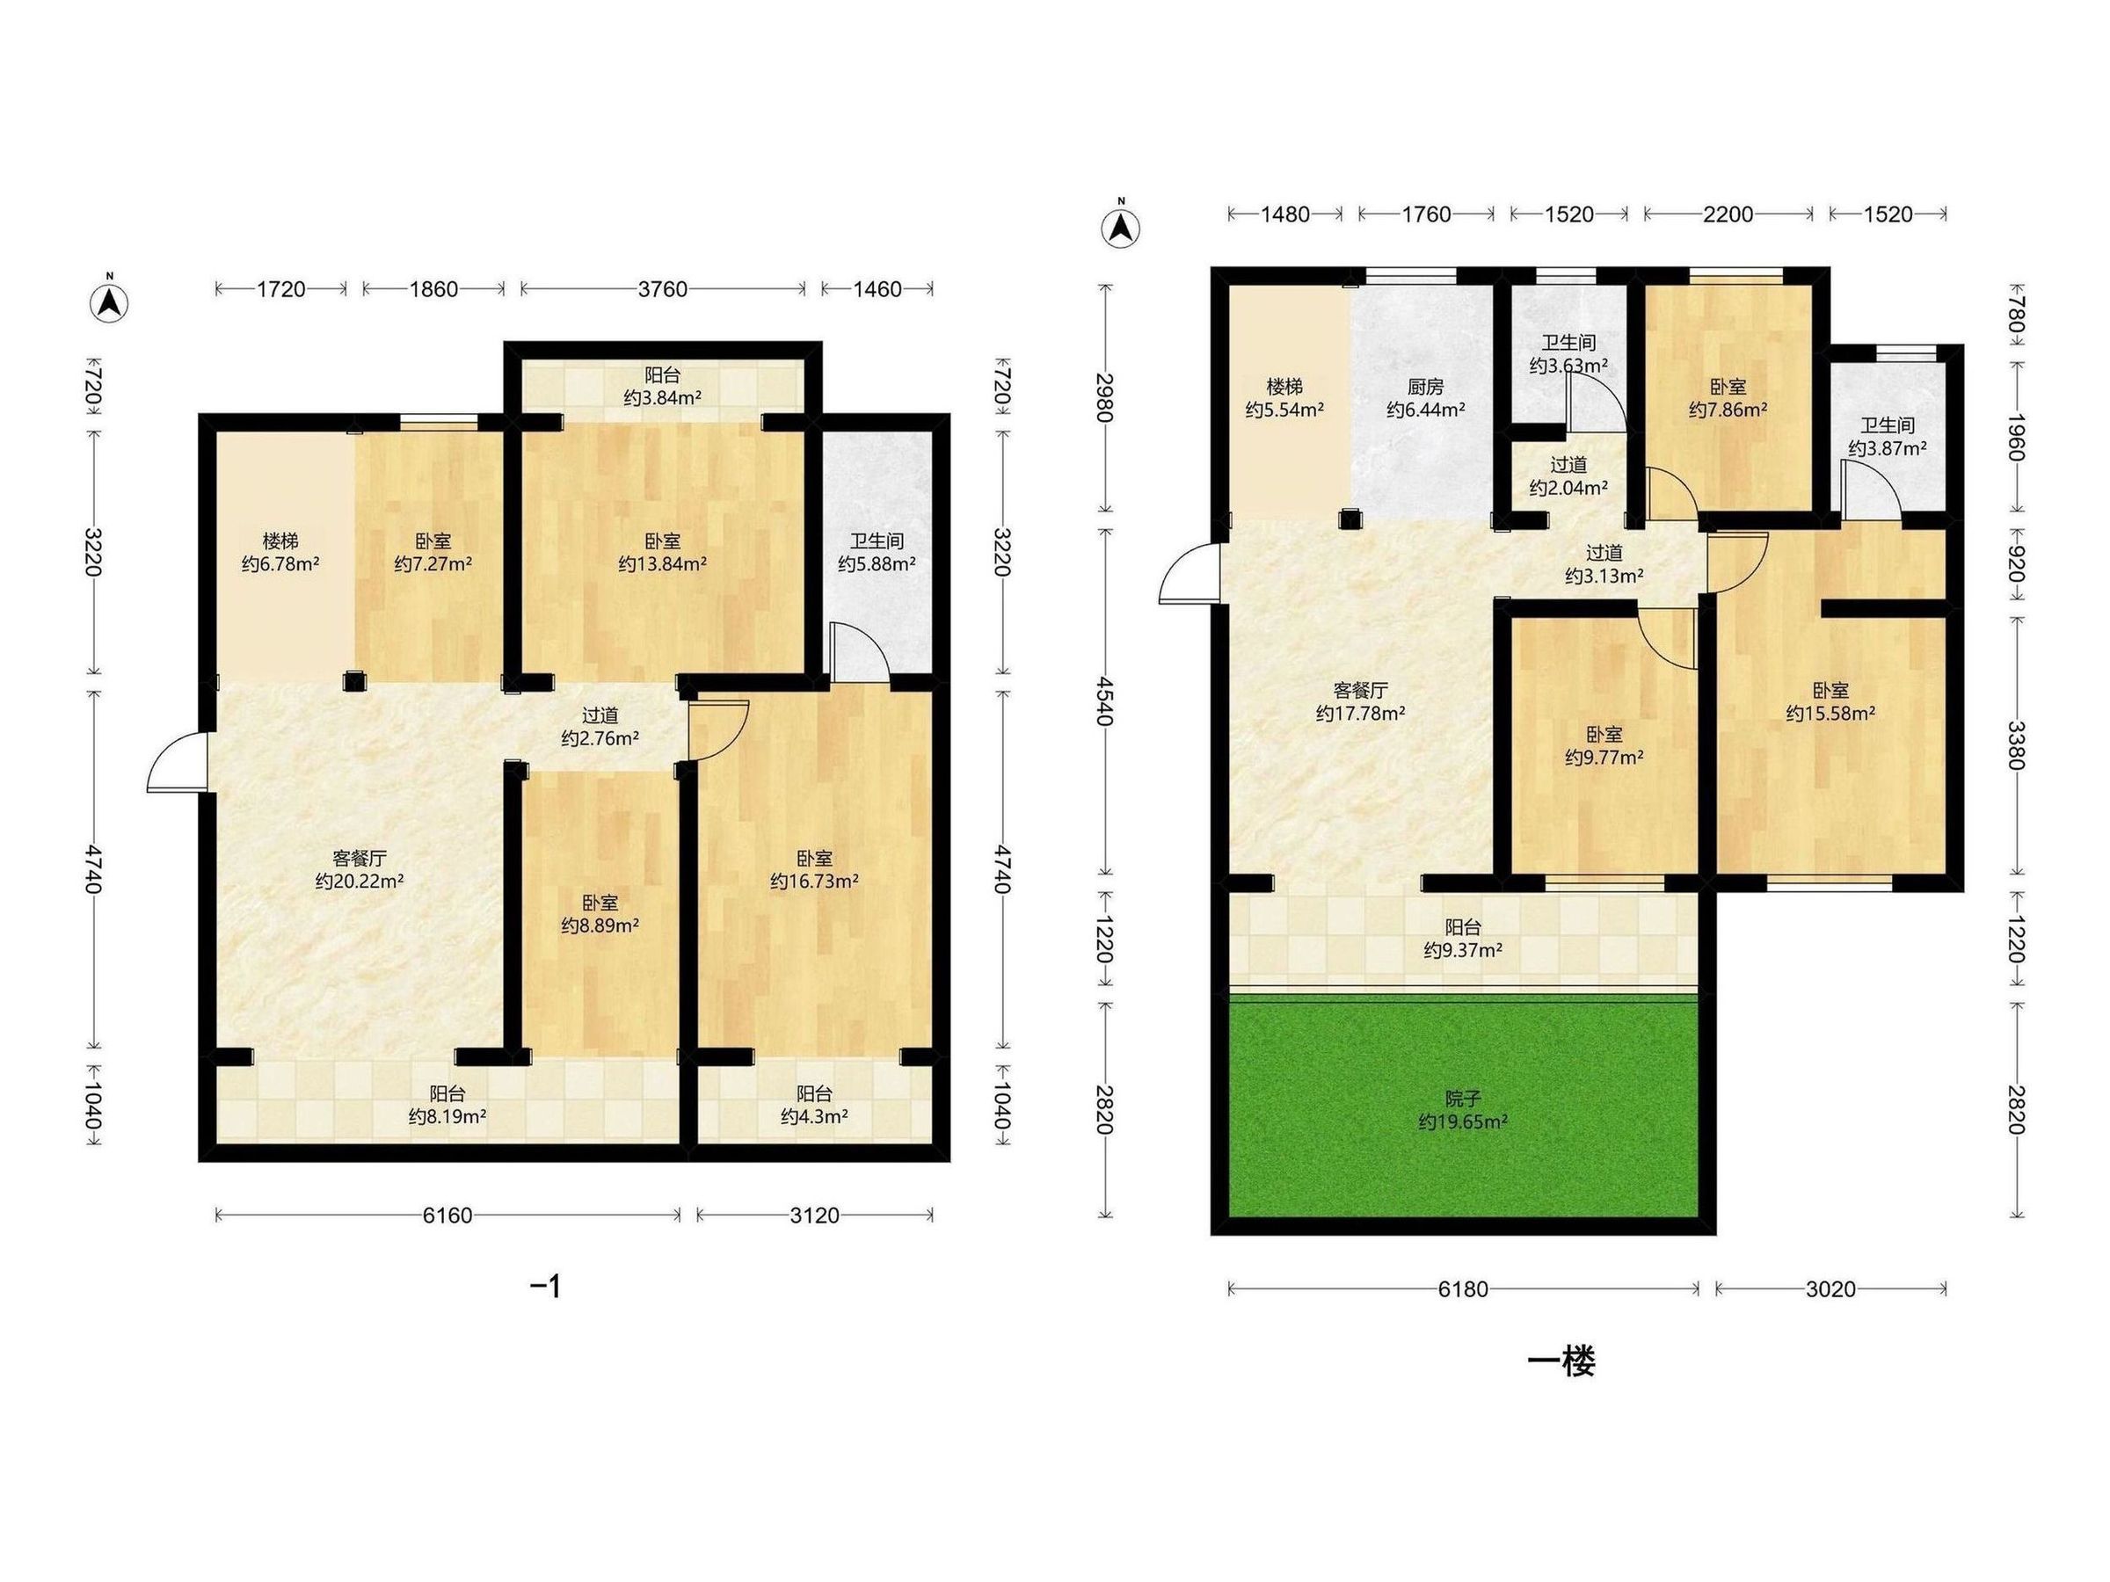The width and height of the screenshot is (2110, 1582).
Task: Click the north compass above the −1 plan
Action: click(110, 301)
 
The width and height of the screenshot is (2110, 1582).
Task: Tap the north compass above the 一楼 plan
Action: click(1122, 225)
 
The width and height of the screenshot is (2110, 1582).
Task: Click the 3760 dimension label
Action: click(662, 289)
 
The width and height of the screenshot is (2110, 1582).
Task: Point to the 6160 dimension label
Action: click(447, 1215)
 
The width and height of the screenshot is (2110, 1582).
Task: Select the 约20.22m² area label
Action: click(360, 882)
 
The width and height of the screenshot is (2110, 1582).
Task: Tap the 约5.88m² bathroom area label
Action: click(877, 564)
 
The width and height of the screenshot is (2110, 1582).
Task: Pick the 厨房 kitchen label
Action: click(1425, 388)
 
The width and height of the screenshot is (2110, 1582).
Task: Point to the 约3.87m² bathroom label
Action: click(1887, 447)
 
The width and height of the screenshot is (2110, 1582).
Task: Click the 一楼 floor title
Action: click(1561, 1362)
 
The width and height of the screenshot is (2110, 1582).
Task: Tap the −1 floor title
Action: click(546, 1288)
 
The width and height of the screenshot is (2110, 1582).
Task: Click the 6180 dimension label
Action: click(1462, 1289)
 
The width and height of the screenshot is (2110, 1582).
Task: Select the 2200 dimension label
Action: click(1728, 214)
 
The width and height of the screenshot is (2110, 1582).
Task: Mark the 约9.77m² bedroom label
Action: click(1604, 758)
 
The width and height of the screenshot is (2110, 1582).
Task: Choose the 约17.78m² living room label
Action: click(1360, 714)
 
